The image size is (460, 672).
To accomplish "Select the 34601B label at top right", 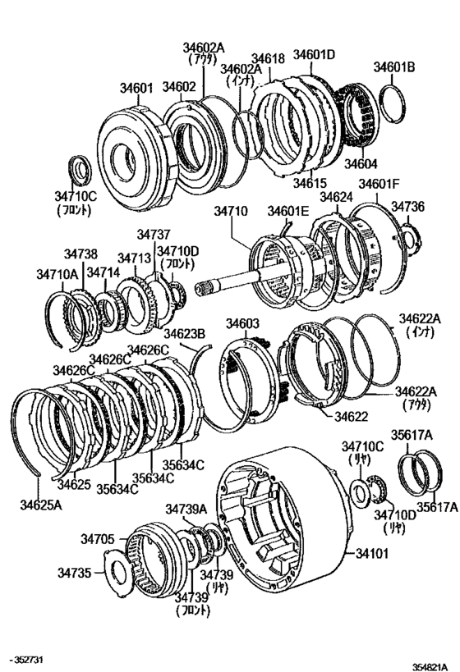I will coord(395,67).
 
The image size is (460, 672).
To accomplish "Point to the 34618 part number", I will coord(268,58).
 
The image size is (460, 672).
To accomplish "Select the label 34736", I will coord(407,206).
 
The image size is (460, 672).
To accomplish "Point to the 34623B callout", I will coord(184,333).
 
